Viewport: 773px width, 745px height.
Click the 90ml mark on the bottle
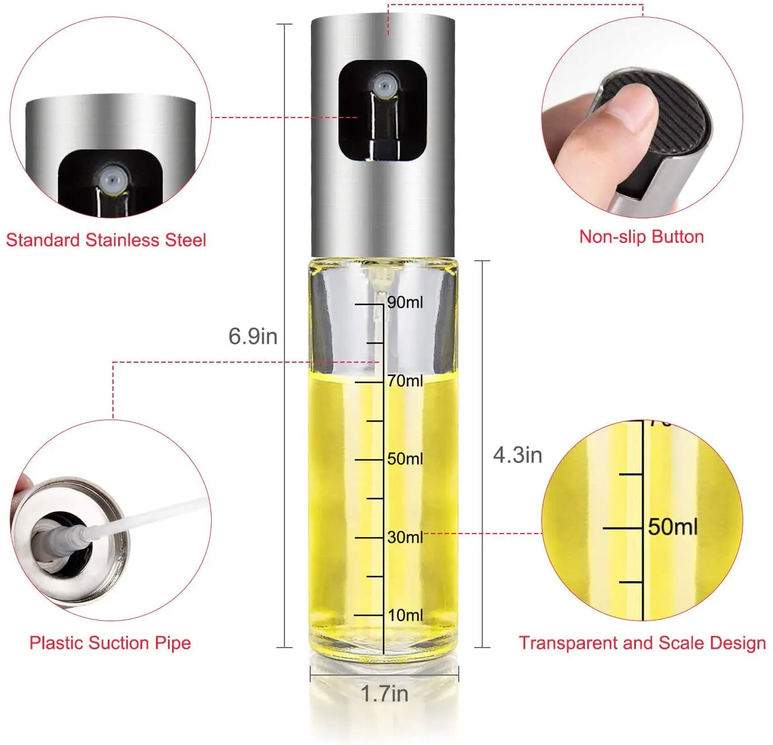[404, 302]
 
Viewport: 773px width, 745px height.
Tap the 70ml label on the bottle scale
[404, 381]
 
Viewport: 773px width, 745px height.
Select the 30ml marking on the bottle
[404, 537]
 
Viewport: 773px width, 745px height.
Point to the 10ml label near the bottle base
[405, 615]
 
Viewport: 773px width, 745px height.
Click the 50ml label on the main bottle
[404, 458]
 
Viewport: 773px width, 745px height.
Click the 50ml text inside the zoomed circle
[673, 527]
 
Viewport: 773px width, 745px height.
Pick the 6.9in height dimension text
[253, 336]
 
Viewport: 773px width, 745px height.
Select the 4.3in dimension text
[517, 455]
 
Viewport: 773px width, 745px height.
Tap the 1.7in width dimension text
[384, 694]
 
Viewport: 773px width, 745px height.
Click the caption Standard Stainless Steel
[106, 240]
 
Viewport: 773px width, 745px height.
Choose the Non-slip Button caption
[641, 237]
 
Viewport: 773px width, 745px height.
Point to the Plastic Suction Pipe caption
[110, 642]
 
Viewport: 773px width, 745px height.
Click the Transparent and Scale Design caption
[642, 642]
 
